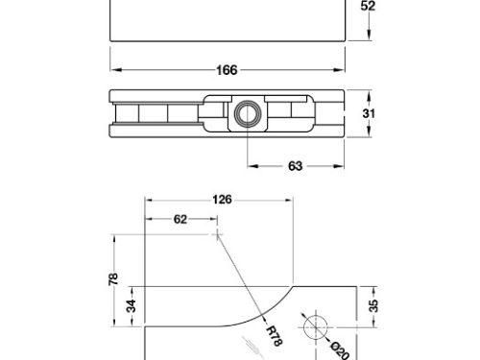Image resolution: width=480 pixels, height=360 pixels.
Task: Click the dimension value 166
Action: click(227, 70)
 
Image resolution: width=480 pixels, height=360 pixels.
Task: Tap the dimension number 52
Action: click(368, 6)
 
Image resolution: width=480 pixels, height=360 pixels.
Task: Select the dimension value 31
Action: click(369, 113)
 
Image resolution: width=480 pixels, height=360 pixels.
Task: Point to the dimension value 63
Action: click(295, 166)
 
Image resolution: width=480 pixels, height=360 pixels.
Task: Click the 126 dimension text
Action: click(222, 200)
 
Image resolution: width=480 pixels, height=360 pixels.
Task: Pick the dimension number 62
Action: click(180, 219)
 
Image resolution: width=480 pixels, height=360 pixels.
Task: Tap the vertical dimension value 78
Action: click(113, 279)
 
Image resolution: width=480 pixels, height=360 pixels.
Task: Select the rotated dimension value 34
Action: click(132, 306)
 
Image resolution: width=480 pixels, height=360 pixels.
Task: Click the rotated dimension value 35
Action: click(373, 306)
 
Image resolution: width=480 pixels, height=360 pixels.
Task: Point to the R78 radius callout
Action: click(275, 336)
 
